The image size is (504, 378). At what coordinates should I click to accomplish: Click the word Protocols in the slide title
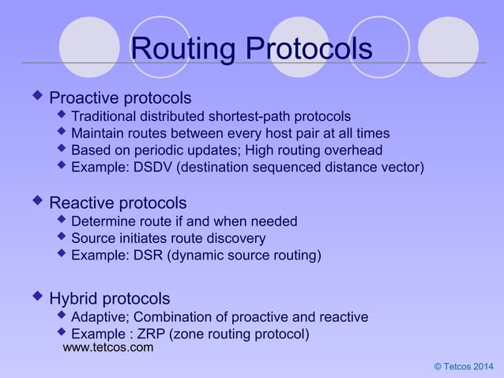[x=309, y=49]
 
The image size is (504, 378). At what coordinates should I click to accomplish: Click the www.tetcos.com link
[x=108, y=347]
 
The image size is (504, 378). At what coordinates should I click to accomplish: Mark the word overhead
[x=353, y=150]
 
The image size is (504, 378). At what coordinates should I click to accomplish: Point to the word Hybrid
[x=75, y=299]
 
